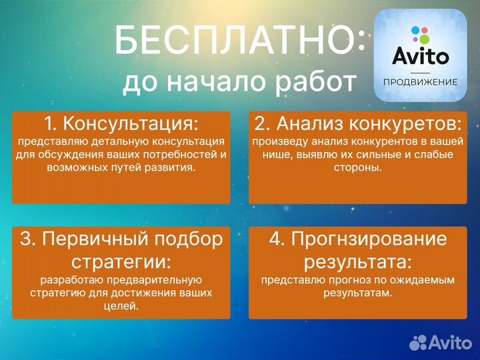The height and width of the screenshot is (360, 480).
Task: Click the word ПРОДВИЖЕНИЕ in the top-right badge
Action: [x=420, y=82]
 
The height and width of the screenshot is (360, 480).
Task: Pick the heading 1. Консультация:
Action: [x=121, y=123]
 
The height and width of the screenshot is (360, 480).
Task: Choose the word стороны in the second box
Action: [x=357, y=168]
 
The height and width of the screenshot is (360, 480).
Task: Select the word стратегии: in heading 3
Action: [x=121, y=259]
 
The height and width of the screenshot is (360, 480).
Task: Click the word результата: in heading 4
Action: [x=358, y=259]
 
